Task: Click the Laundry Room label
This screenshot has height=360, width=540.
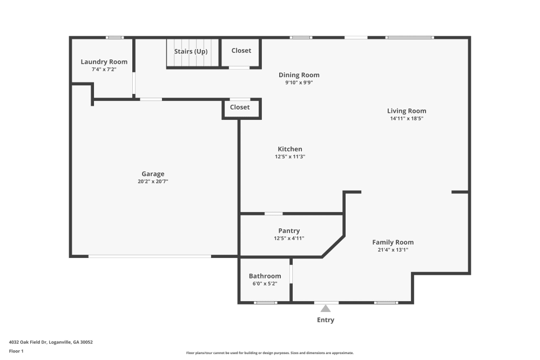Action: click(x=104, y=62)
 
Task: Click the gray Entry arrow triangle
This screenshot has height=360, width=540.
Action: click(x=326, y=308)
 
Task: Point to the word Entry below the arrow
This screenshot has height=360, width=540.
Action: click(x=326, y=320)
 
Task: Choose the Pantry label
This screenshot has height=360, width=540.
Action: click(x=289, y=231)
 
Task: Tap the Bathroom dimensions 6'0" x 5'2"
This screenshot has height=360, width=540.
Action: click(x=265, y=283)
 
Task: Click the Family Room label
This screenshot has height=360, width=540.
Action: click(x=393, y=242)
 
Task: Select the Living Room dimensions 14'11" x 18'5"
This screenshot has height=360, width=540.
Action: click(x=407, y=118)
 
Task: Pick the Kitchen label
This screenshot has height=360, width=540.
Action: click(x=290, y=149)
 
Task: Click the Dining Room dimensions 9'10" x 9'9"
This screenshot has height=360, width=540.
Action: click(x=299, y=83)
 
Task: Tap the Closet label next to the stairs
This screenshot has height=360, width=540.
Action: click(x=241, y=51)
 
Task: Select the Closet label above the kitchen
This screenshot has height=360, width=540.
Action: click(x=240, y=107)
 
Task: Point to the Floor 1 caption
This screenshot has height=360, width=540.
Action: click(x=16, y=351)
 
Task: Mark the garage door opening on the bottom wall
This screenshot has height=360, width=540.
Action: click(x=150, y=256)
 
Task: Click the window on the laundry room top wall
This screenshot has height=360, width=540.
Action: click(x=114, y=37)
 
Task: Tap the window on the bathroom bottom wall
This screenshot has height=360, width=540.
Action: click(x=265, y=302)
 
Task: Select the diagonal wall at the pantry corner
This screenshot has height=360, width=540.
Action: click(x=333, y=246)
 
